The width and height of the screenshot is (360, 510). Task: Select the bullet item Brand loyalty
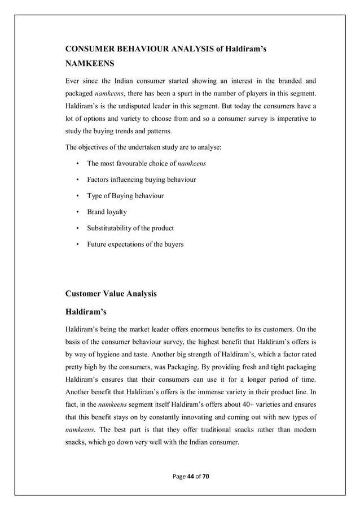pos(107,212)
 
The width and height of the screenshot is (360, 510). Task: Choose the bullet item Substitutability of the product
pos(130,228)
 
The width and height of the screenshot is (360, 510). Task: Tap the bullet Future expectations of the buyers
pos(135,245)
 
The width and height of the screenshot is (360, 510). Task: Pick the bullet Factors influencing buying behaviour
pos(142,180)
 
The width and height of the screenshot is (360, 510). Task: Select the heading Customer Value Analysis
pos(111,294)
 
